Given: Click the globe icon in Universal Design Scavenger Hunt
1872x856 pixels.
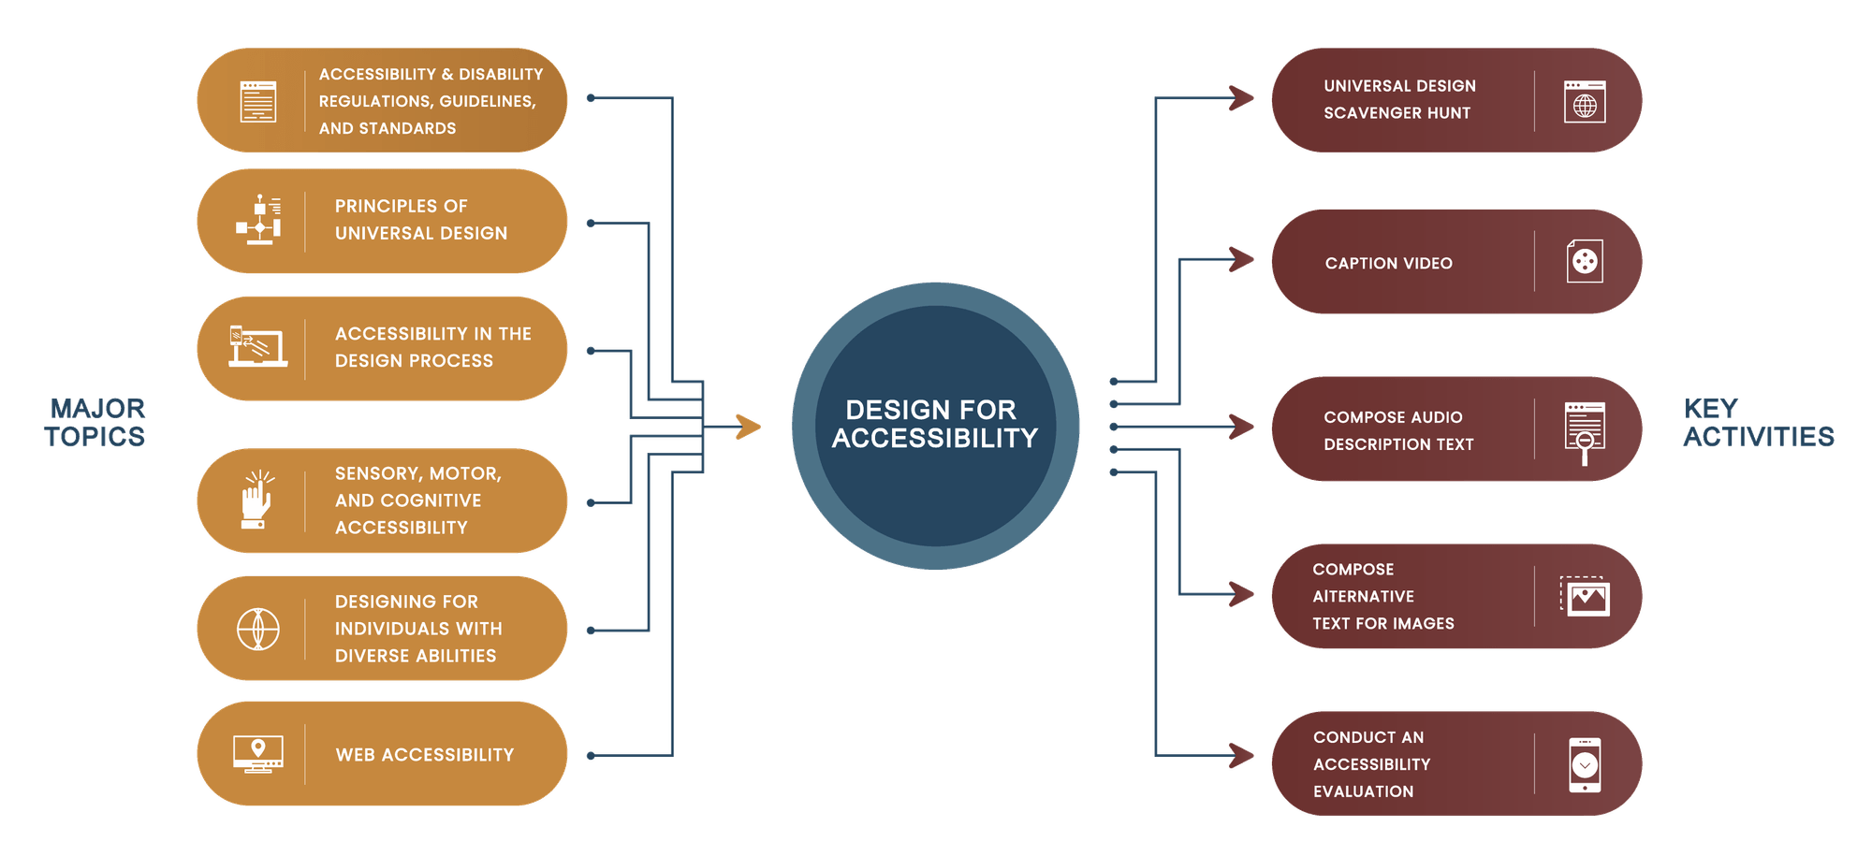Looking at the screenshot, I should click(1585, 102).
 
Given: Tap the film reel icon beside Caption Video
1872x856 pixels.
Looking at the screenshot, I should click(1585, 262).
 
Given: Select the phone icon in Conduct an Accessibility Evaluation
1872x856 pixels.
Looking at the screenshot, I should click(1585, 764).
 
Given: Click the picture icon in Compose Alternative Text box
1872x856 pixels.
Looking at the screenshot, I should click(1586, 597).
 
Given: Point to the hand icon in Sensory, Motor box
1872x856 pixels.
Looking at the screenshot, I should click(256, 501).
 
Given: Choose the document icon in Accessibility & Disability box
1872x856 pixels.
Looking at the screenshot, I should click(257, 101).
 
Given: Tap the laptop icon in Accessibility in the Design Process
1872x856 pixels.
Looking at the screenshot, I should click(257, 347).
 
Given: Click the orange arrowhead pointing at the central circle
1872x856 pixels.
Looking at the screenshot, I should click(748, 427).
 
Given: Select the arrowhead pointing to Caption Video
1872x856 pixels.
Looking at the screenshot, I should click(1241, 259).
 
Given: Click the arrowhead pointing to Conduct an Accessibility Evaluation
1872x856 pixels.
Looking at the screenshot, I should click(1241, 755).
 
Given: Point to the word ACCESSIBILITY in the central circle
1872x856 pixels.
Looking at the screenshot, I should click(934, 439).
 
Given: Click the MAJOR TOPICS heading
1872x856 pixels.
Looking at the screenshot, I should click(95, 422).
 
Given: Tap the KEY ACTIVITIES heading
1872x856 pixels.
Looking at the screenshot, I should click(1757, 422).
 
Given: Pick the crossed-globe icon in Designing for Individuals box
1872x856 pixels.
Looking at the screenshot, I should click(257, 629).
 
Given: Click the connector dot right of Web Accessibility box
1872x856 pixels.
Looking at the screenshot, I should click(591, 755).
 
